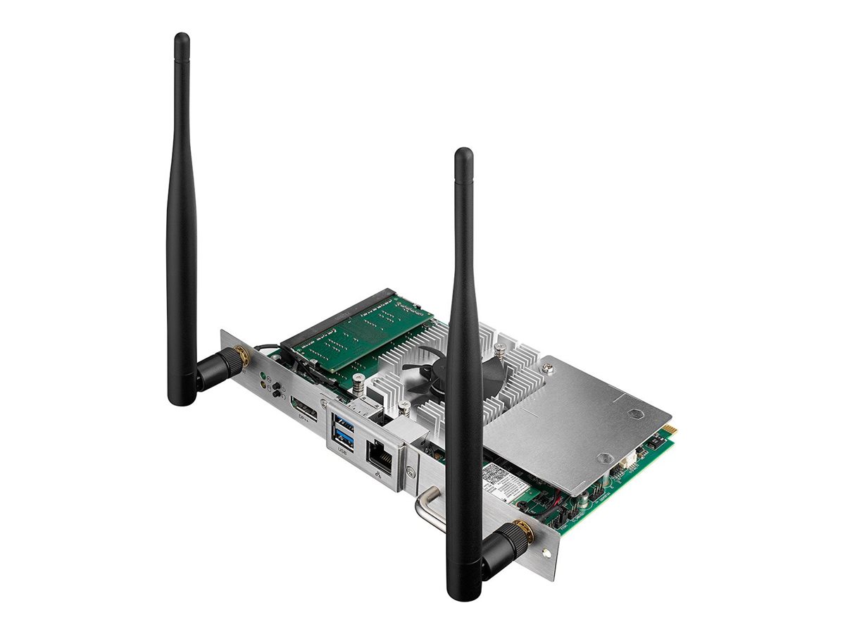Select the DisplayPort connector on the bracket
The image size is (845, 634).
coord(303,409)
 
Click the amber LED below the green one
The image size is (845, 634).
coord(264,385)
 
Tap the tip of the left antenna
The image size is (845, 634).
coord(182,37)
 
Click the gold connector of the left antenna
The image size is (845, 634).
coord(240,356)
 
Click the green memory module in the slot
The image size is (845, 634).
coord(359,331)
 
